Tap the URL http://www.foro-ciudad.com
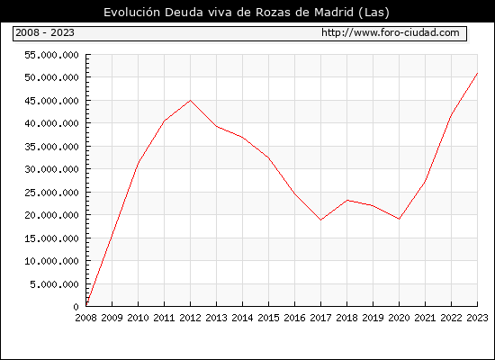coord(391,32)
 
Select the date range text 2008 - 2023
coord(45,32)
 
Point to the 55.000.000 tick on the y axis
coord(51,55)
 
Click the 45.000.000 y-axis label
coord(51,101)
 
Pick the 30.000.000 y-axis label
coord(51,169)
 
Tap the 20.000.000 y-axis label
coord(51,215)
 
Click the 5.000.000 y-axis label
coord(54,284)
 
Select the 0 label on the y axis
coord(76,307)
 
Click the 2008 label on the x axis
coord(85,318)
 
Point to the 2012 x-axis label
coord(191,318)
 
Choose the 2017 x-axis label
coord(320,318)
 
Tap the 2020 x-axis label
coord(399,318)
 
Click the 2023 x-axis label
coord(477,318)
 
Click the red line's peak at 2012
coord(191,101)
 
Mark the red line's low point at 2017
coord(320,220)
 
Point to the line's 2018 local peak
coord(346,200)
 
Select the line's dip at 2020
coord(399,219)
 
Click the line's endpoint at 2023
coord(477,73)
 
